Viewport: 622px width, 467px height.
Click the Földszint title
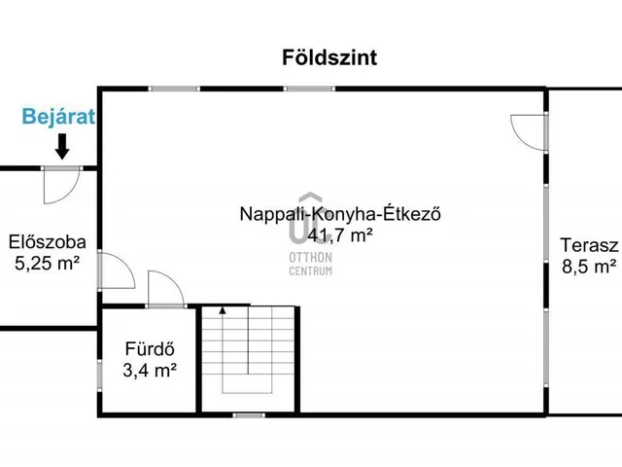[x=329, y=57]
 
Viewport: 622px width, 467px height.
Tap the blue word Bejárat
[x=59, y=119]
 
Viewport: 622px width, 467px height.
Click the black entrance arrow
[x=61, y=147]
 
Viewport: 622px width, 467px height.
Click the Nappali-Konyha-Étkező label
[x=341, y=214]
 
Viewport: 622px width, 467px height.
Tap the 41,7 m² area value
[x=341, y=234]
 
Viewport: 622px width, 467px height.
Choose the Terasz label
[x=589, y=245]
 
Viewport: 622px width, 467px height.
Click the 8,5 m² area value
[x=589, y=266]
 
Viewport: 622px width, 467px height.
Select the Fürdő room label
[x=149, y=348]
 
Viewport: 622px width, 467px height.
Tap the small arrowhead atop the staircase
[x=223, y=310]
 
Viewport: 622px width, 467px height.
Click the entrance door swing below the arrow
[x=60, y=184]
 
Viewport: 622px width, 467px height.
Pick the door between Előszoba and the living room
[x=116, y=269]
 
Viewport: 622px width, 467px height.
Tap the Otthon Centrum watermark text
[x=311, y=263]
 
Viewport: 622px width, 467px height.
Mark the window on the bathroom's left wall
[x=99, y=376]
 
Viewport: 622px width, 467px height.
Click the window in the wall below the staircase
[x=249, y=415]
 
